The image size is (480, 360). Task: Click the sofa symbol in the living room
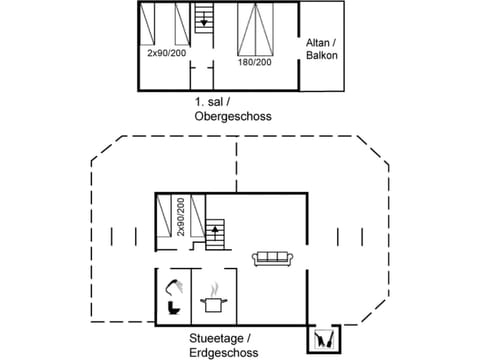point(272,258)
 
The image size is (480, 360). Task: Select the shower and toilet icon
point(172,296)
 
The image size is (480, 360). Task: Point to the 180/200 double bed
point(255,30)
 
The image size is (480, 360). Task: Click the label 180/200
point(255,62)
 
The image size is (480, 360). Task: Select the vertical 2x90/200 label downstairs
point(181,217)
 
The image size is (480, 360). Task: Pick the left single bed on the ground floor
point(166,216)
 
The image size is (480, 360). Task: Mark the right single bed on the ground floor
point(196,216)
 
